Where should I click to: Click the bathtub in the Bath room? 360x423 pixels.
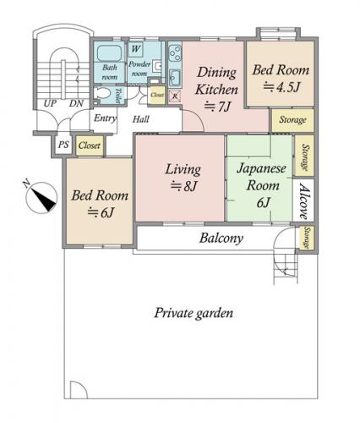coord(109,52)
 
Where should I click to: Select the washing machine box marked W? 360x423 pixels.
coord(136,49)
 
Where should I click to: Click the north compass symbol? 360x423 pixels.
coord(41,198)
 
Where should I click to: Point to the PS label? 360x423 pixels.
coord(63,145)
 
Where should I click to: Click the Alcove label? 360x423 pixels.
coord(303,201)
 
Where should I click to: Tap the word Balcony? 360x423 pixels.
coord(221,239)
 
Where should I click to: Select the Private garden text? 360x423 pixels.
coord(194,313)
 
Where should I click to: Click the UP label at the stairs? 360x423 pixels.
coord(50,103)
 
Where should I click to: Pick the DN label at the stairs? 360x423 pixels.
coord(76,103)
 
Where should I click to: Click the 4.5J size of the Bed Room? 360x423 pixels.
coord(281,87)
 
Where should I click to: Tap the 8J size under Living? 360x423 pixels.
coord(183,186)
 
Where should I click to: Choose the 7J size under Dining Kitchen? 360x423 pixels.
coord(217,107)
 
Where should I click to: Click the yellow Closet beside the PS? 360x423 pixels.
coord(90,146)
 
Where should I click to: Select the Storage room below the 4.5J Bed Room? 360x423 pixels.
coord(292,120)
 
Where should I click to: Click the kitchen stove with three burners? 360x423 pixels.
coord(175,53)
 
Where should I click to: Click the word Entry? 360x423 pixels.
coord(105,118)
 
